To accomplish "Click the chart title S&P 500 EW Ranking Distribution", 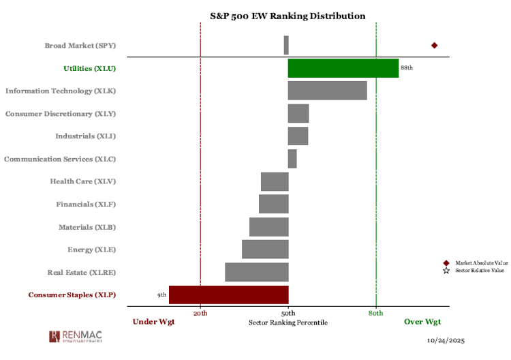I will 287,16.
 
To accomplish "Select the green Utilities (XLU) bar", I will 343,68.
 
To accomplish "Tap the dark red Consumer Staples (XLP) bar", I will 228,295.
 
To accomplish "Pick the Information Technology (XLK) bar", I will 327,91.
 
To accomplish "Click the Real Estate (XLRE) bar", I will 256,272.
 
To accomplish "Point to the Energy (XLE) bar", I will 265,250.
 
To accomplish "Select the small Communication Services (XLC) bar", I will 292,159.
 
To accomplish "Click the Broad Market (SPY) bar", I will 286,45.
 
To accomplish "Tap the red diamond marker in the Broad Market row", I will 434,46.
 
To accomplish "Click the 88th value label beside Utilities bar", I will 407,68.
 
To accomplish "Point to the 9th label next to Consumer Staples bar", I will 161,295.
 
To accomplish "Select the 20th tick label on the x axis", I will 200,313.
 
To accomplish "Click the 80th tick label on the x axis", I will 376,313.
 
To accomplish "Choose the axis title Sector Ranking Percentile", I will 288,322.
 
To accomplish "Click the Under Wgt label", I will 153,322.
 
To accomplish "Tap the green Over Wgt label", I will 422,322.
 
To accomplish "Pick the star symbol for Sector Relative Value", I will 446,271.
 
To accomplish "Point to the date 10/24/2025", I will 446,340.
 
